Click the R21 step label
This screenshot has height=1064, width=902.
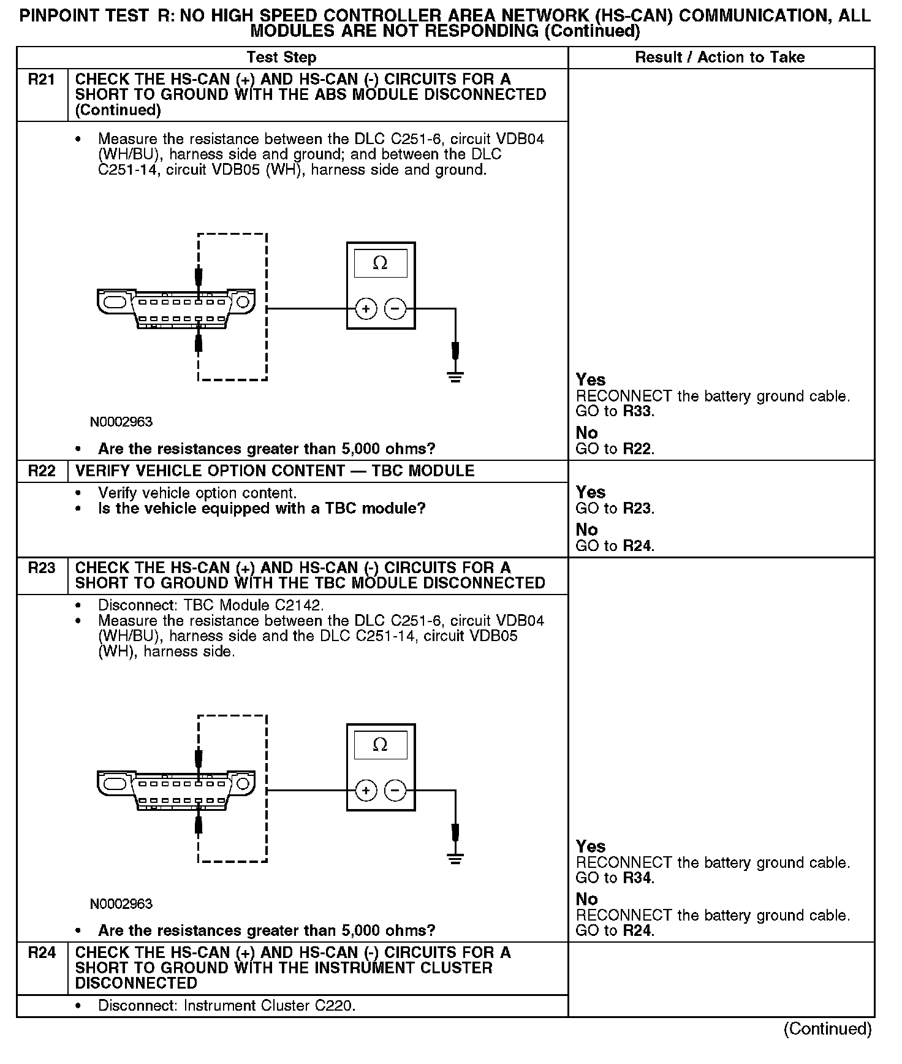(42, 80)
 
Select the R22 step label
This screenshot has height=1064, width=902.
(42, 471)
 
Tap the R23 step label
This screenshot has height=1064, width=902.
(42, 568)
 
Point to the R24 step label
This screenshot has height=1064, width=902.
(42, 953)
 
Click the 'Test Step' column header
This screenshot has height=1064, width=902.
(281, 58)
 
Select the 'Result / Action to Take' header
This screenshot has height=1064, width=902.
(720, 58)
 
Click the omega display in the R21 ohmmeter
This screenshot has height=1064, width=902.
(381, 264)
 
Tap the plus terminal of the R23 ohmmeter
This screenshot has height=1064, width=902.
(366, 791)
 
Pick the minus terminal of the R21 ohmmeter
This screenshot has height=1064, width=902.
(395, 309)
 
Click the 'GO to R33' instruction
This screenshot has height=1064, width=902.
(615, 411)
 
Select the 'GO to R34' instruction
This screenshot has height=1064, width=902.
(615, 878)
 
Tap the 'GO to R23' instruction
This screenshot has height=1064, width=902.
(615, 509)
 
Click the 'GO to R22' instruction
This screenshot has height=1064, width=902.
(615, 449)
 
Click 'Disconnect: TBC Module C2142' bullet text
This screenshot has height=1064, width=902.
(211, 606)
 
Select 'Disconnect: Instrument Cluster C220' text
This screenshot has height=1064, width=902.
(227, 1006)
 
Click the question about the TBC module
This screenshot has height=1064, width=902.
(262, 509)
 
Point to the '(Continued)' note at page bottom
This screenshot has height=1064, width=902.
(827, 1029)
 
